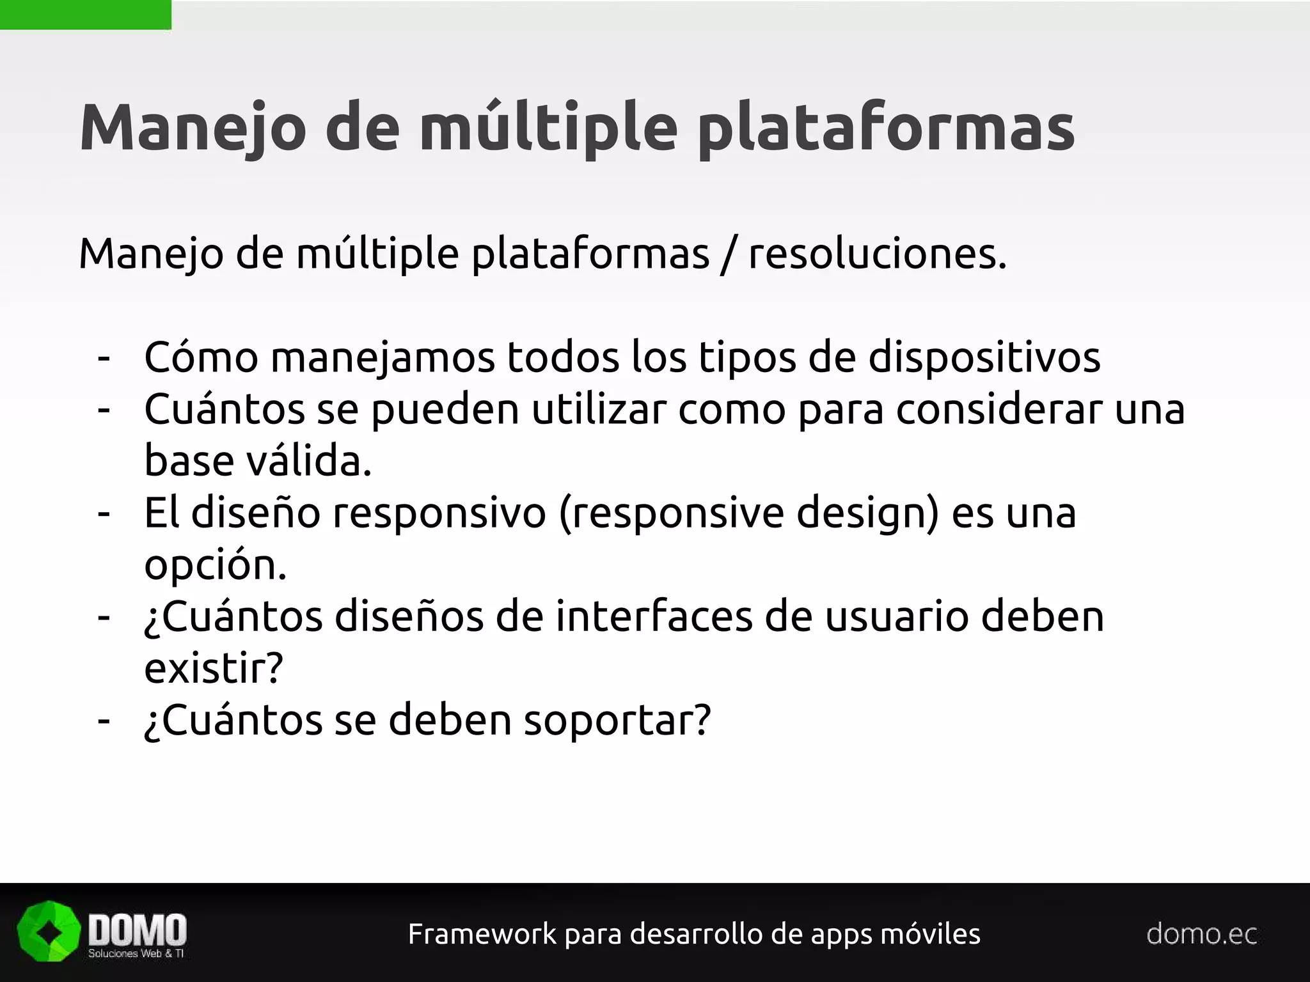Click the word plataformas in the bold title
pos(886,128)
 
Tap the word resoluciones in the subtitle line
pos(877,254)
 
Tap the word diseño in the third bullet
pos(255,513)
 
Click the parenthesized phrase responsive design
pos(749,514)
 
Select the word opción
pos(215,565)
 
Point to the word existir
pos(213,668)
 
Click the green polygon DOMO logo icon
pos(49,931)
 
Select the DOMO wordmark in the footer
pos(137,929)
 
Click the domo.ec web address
pos(1201,934)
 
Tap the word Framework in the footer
pos(482,934)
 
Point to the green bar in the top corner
pos(85,14)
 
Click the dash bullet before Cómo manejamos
pos(104,358)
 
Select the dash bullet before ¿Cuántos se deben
pos(104,721)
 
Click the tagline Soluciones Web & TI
pos(136,953)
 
